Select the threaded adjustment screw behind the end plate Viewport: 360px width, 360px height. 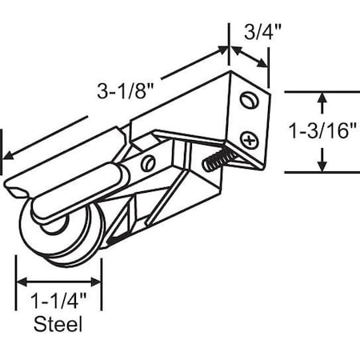click(x=217, y=162)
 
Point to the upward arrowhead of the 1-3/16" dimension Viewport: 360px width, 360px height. click(x=322, y=99)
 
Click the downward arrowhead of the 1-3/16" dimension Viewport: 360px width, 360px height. click(x=322, y=166)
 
